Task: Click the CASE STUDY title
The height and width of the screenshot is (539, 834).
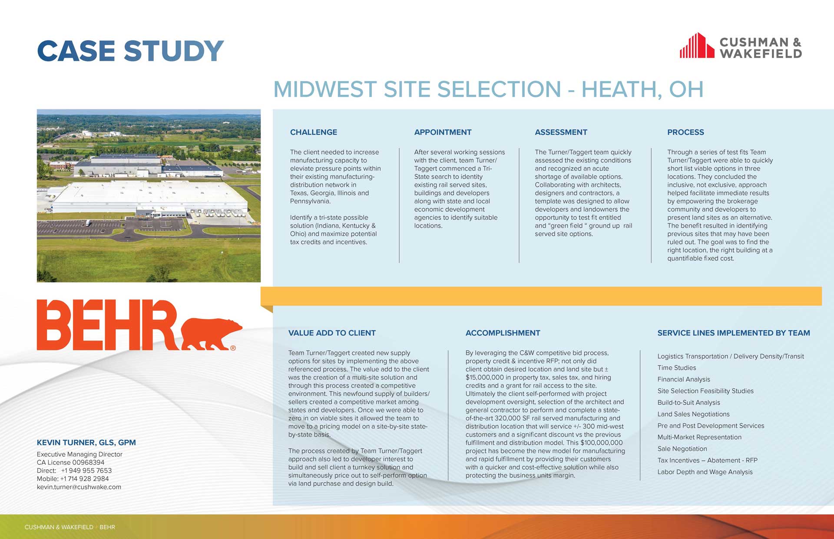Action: click(x=130, y=51)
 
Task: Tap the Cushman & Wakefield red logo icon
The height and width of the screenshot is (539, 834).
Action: click(x=697, y=46)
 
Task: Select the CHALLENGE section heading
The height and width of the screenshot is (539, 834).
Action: click(x=314, y=132)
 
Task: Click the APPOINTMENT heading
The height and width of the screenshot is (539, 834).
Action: click(x=443, y=132)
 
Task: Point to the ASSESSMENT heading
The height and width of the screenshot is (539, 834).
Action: click(x=561, y=132)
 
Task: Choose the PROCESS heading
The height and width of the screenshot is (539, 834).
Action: click(x=685, y=132)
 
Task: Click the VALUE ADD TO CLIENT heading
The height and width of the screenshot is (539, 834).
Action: click(x=332, y=333)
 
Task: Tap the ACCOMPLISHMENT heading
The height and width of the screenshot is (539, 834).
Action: click(x=503, y=333)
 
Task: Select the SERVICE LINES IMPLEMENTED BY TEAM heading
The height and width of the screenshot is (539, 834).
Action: click(x=734, y=333)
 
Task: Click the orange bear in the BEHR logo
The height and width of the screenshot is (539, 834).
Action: click(x=211, y=334)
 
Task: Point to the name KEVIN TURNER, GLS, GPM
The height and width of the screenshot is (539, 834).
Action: click(x=86, y=443)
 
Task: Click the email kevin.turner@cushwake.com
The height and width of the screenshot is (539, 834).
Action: click(x=79, y=487)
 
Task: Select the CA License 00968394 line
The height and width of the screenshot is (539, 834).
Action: click(x=71, y=462)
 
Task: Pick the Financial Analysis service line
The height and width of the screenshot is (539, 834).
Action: click(x=684, y=379)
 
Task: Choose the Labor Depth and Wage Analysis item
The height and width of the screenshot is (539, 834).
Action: click(x=705, y=472)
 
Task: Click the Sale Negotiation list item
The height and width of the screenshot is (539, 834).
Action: click(x=682, y=449)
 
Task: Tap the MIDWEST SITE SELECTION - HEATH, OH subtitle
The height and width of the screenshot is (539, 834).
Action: click(x=488, y=89)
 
